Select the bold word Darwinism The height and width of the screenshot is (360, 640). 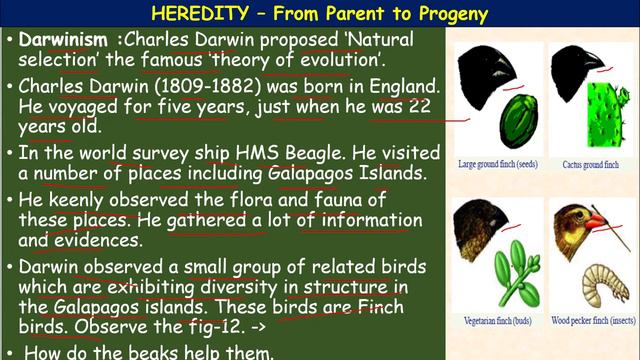pos(63,43)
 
